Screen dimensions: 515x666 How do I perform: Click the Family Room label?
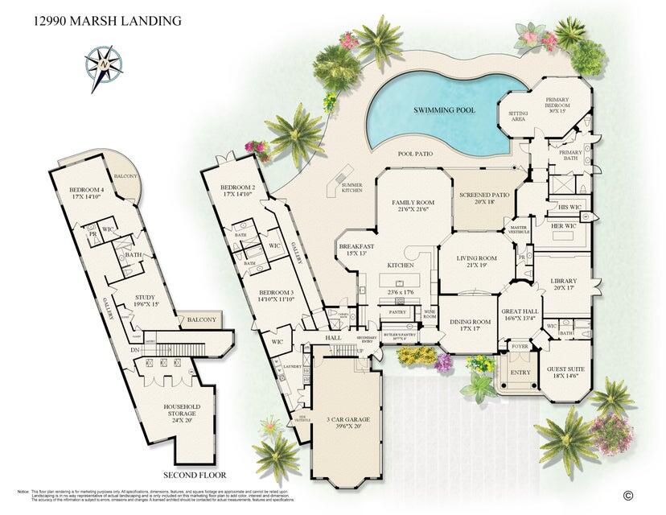click(413, 206)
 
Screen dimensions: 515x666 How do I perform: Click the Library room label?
click(564, 285)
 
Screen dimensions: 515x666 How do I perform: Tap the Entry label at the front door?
click(520, 372)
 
